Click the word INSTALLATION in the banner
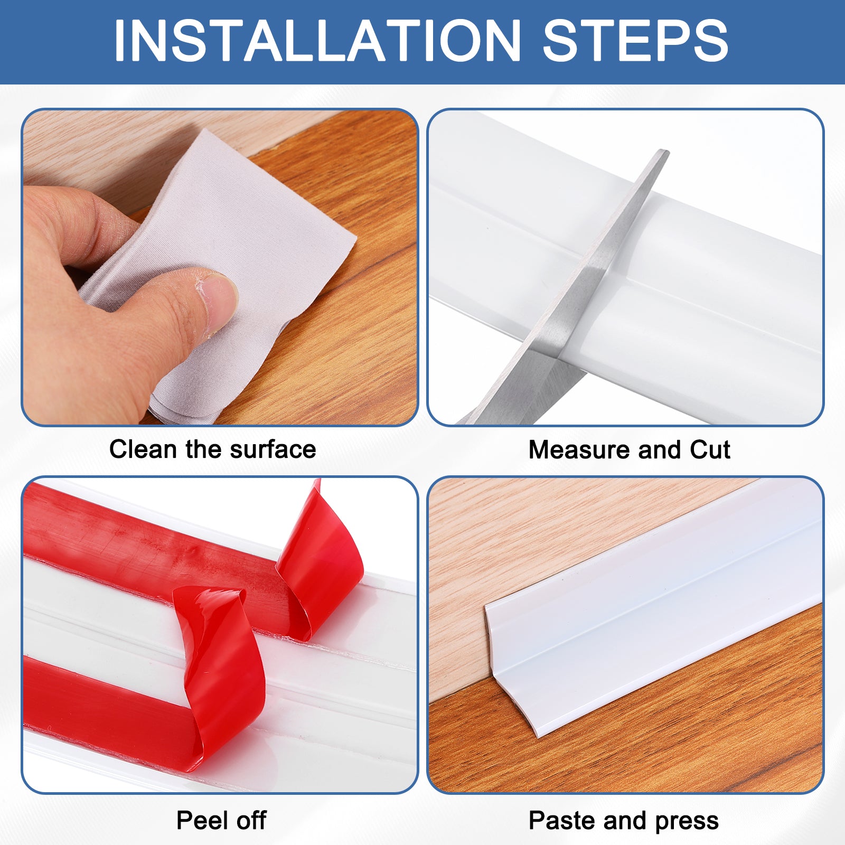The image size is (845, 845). click(317, 41)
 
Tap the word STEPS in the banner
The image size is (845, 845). click(636, 41)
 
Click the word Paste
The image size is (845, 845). click(562, 821)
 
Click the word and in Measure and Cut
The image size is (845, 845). click(660, 450)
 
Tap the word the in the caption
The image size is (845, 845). click(203, 449)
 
